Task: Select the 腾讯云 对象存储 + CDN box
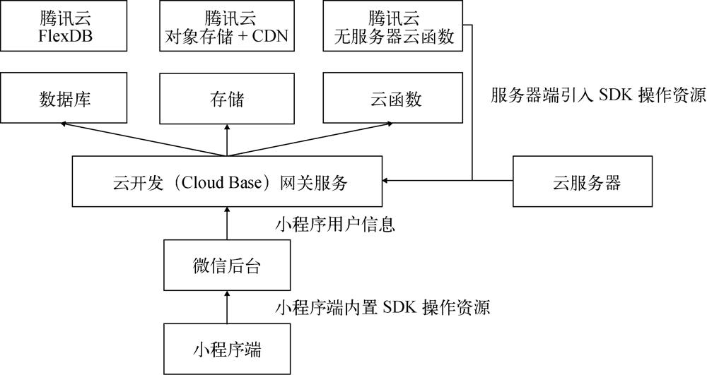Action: (226, 26)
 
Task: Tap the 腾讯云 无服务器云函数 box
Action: (392, 26)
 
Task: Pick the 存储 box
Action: (226, 100)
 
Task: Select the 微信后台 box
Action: (227, 266)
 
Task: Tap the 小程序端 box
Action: (227, 348)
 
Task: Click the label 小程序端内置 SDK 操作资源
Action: (382, 309)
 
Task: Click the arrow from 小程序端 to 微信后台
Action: (227, 306)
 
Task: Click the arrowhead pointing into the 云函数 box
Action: (391, 124)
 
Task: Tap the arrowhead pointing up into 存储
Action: (227, 126)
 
